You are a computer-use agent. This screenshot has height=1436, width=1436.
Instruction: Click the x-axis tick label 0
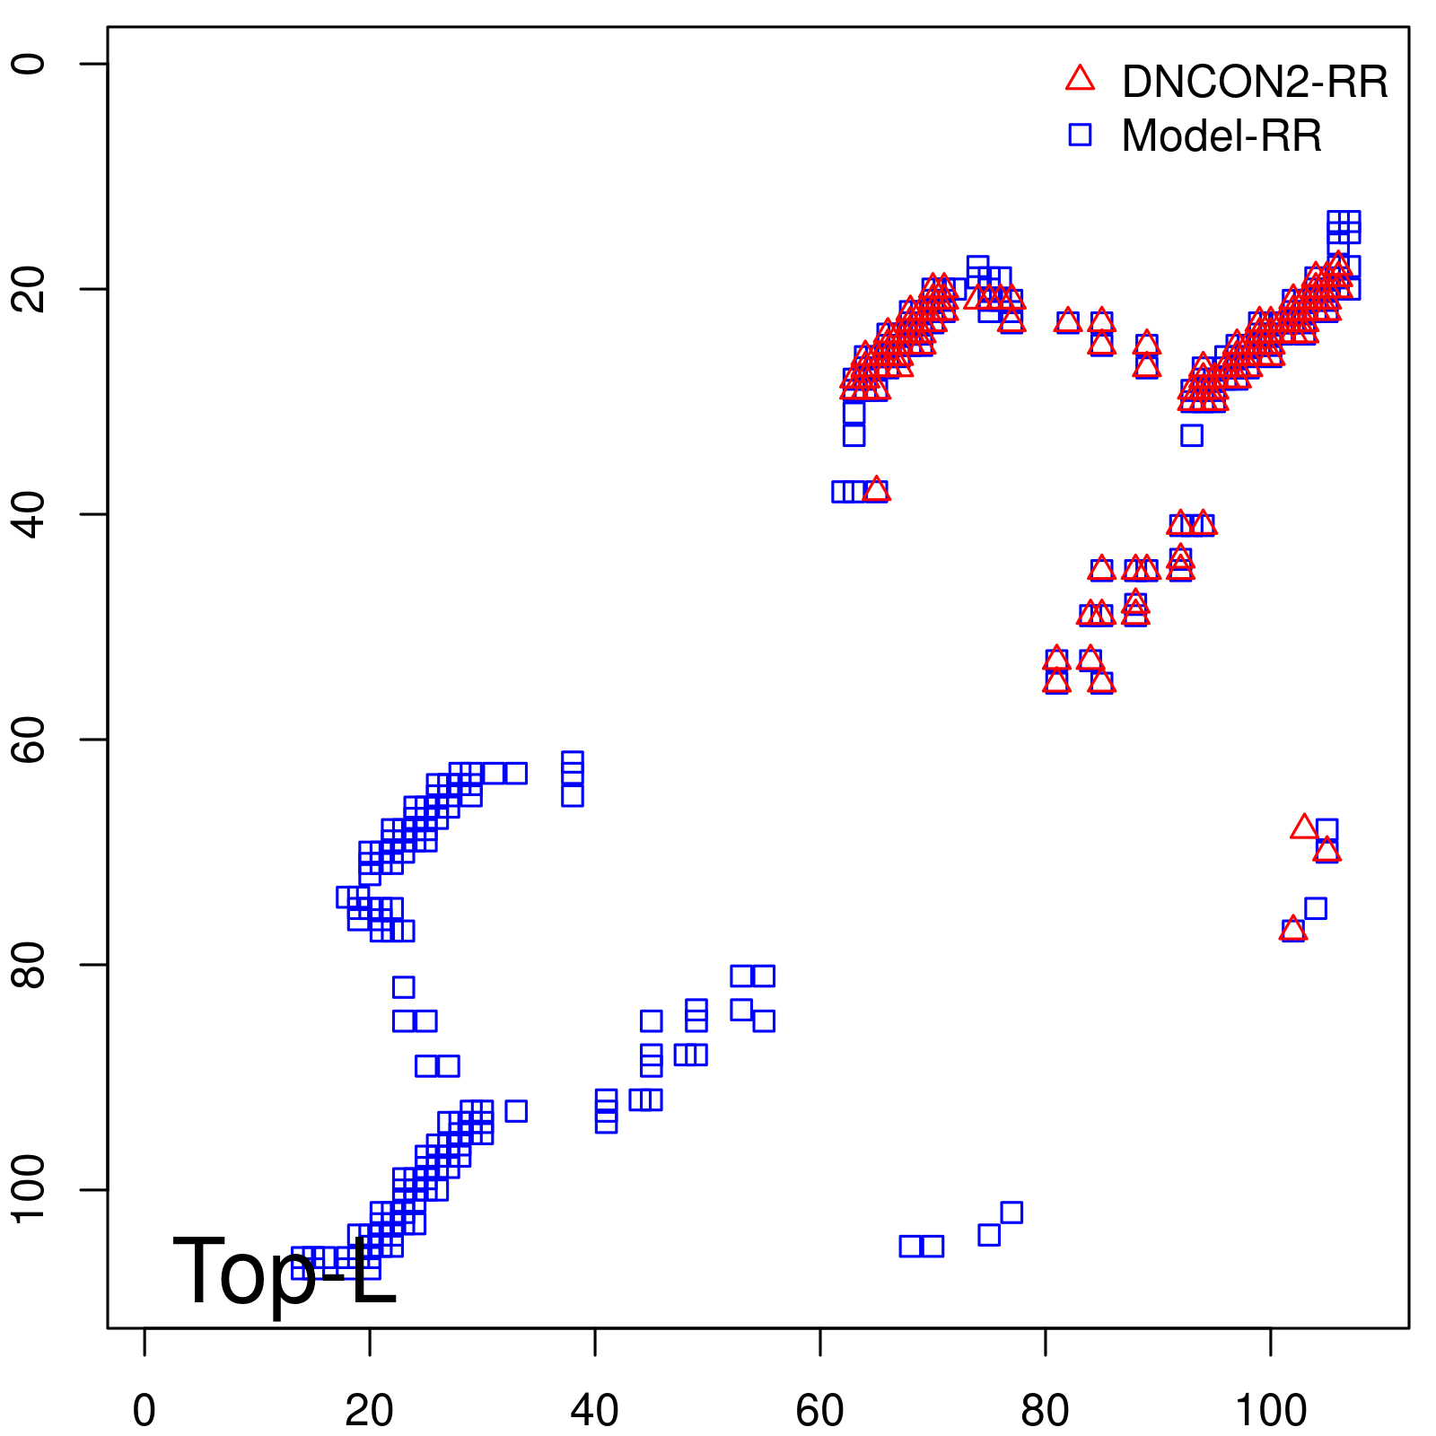coord(144,1410)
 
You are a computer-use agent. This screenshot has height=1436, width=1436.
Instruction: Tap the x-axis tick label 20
coord(369,1410)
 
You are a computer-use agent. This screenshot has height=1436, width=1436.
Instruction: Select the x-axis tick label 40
coord(594,1410)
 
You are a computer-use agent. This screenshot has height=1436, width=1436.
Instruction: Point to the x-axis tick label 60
coord(819,1410)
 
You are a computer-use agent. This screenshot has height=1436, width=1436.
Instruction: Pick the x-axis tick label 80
coord(1045,1410)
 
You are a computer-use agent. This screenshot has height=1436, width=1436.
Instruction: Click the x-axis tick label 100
coord(1270,1410)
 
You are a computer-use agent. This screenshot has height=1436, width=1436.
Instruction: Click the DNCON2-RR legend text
coord(1255,82)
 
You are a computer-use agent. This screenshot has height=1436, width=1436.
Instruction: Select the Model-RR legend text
coord(1221,136)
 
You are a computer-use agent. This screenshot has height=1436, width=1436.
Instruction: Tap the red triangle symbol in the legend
coord(1080,79)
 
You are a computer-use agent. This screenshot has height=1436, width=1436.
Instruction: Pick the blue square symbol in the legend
coord(1080,135)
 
